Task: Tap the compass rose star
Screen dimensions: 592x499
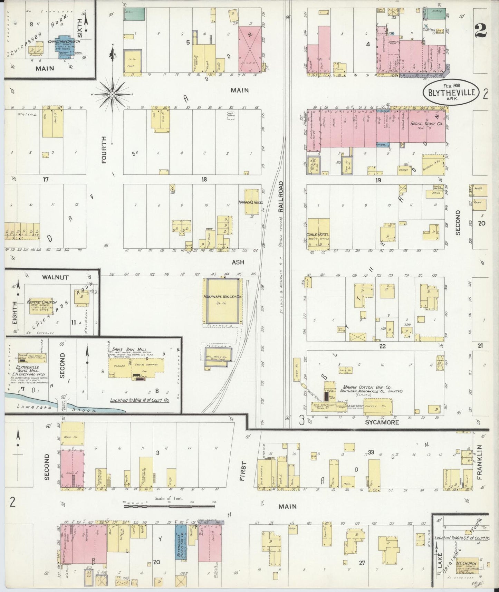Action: coord(113,93)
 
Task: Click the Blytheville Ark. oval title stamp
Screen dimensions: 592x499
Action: coord(451,92)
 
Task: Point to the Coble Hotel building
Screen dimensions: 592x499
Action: coord(318,234)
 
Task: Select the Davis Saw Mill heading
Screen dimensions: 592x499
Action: coord(123,350)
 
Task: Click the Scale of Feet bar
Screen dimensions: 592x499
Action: coord(169,506)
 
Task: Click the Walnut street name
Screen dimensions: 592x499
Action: coord(55,277)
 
